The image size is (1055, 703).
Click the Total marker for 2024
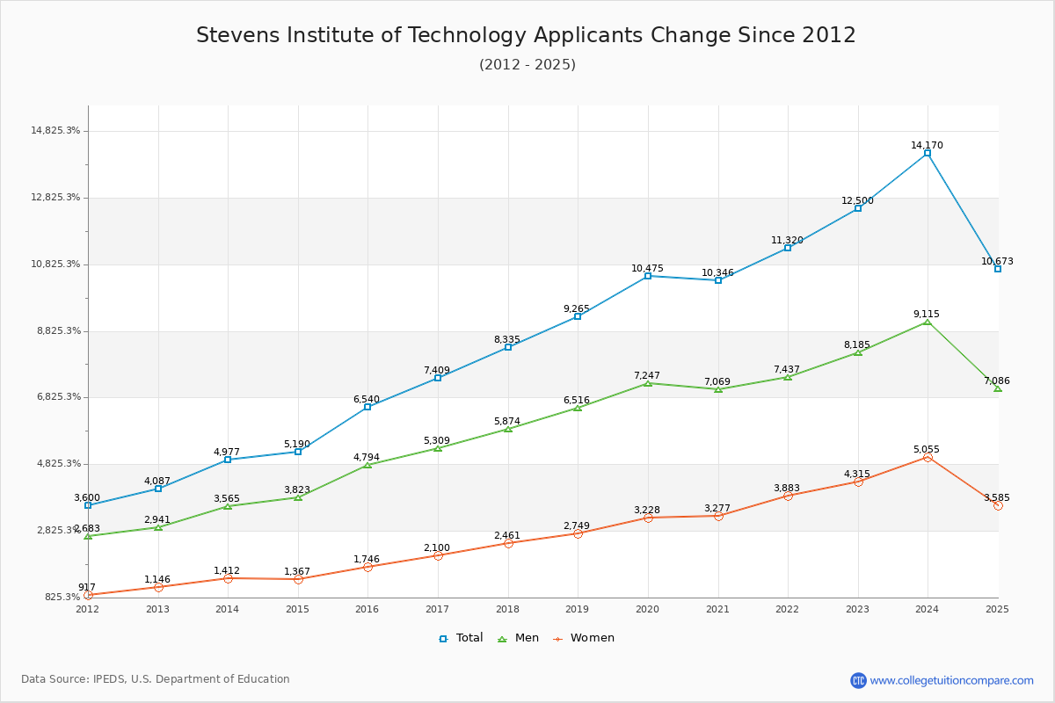pos(928,153)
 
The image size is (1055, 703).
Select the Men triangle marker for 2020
pos(648,383)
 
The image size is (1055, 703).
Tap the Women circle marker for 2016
pos(367,567)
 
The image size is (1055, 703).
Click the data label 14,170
pos(927,145)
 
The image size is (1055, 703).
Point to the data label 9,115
pos(927,314)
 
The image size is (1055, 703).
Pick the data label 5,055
pos(927,449)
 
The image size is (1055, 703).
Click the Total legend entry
pos(462,638)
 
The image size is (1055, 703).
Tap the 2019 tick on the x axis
pos(578,609)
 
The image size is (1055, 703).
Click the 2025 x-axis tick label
pos(997,609)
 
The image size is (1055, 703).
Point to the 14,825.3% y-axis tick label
pos(55,131)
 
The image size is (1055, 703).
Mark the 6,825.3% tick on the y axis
pos(55,397)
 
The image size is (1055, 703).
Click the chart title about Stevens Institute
pos(526,35)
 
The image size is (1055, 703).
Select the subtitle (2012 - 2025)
pos(527,64)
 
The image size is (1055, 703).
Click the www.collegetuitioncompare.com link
pos(951,680)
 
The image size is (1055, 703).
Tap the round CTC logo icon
pos(858,680)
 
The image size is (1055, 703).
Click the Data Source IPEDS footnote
pos(156,679)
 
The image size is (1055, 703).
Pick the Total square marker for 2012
pos(88,505)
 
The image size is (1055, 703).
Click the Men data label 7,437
pos(787,369)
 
